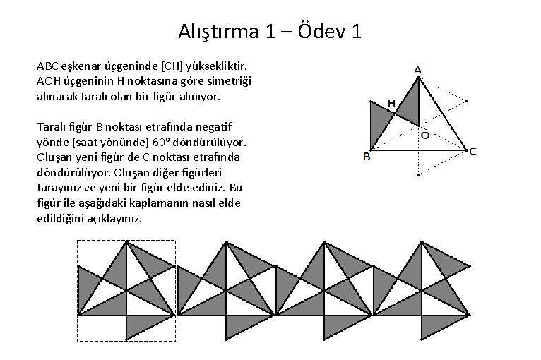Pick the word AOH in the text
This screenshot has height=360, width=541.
[x=48, y=80]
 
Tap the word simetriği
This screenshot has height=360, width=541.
[x=229, y=80]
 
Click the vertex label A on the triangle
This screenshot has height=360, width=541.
[x=417, y=71]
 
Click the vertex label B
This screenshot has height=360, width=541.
[x=367, y=157]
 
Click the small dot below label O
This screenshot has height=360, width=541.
[x=418, y=174]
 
